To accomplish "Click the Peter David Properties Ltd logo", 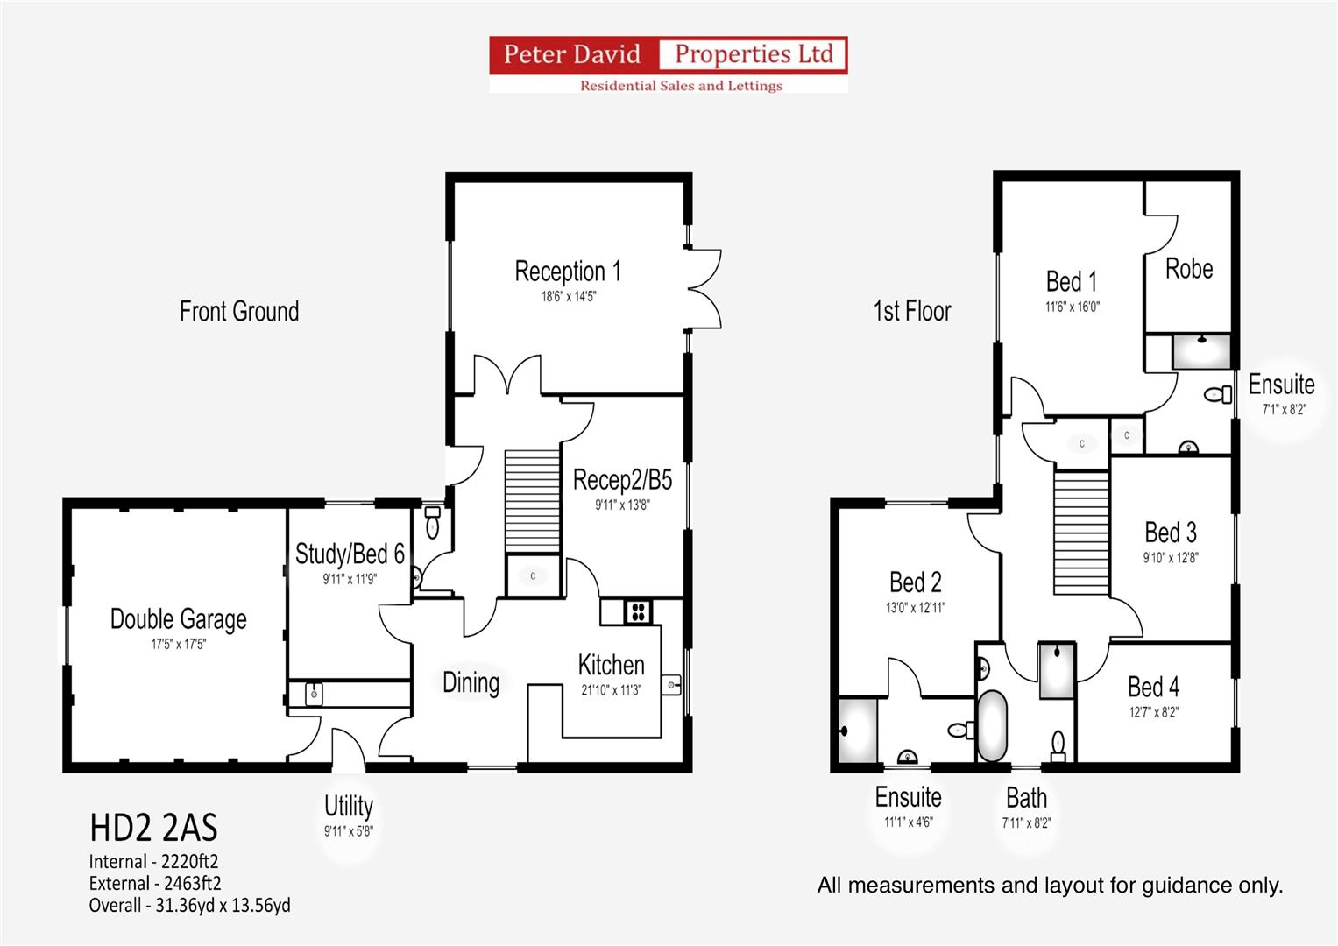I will coord(668,64).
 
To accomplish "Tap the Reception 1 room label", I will coord(568,272).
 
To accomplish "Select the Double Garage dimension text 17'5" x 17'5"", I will coord(178,645).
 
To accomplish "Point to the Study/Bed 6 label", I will coord(350,554).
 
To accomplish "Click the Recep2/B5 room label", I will coord(622,480).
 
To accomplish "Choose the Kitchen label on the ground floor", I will coord(611,665).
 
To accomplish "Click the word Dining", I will coord(471,682).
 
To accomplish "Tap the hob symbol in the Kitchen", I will coord(638,611).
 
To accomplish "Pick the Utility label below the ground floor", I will coord(349,806).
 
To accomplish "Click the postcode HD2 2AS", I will coord(153,828).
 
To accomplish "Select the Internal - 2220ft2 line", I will coord(153,862).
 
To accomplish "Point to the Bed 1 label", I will coord(1071,282).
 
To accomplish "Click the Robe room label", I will coord(1189,269).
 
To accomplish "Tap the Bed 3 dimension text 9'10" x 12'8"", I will coord(1171,558).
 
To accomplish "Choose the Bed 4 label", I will coord(1153,687).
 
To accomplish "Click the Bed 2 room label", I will coord(915,582).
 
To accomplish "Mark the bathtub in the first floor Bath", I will coord(992,726).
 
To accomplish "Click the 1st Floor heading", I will coord(912,311).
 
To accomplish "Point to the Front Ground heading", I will coord(239,311).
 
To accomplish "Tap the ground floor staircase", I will coord(533,501).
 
